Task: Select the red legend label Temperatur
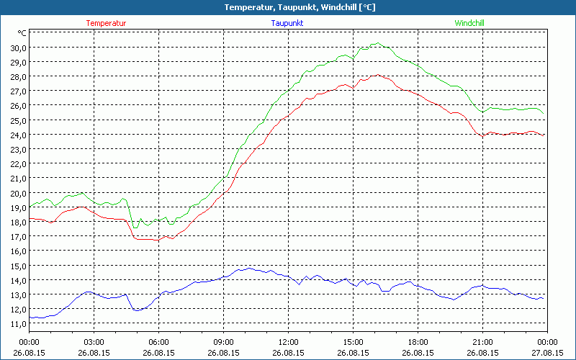pyautogui.click(x=106, y=23)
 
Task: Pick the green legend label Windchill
pyautogui.click(x=469, y=23)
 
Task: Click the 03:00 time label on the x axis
pyautogui.click(x=94, y=342)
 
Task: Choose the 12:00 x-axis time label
pyautogui.click(x=288, y=342)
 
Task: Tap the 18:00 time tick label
pyautogui.click(x=418, y=342)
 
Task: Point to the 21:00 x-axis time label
pyautogui.click(x=482, y=342)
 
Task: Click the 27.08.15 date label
pyautogui.click(x=547, y=353)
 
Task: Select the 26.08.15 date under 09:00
pyautogui.click(x=223, y=353)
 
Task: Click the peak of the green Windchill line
pyautogui.click(x=378, y=43)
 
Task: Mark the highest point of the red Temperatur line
pyautogui.click(x=377, y=74)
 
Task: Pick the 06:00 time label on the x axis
pyautogui.click(x=159, y=342)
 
